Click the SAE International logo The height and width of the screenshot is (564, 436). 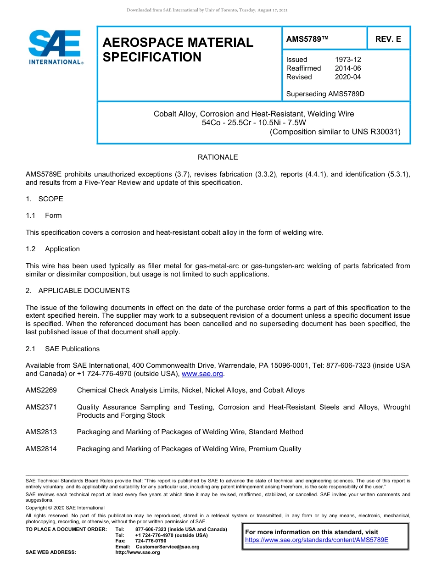(x=55, y=47)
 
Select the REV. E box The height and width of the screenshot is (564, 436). (x=388, y=39)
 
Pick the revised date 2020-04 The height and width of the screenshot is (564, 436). (x=348, y=77)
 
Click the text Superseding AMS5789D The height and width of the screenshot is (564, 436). (x=325, y=94)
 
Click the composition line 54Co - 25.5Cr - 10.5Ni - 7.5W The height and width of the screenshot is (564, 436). (x=254, y=122)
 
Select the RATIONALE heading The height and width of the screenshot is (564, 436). (x=218, y=157)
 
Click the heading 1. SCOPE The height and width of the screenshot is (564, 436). (x=45, y=199)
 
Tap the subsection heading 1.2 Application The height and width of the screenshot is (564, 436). (x=53, y=249)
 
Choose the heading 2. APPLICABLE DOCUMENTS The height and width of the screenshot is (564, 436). (x=78, y=291)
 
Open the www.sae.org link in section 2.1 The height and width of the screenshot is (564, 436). (x=202, y=374)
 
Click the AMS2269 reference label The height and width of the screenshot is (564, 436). (x=41, y=390)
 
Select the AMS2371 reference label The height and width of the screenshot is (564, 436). (x=41, y=407)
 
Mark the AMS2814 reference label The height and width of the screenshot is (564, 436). (x=41, y=449)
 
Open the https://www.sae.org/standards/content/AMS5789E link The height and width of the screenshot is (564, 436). (x=317, y=540)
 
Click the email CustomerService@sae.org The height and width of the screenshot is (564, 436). (x=168, y=547)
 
